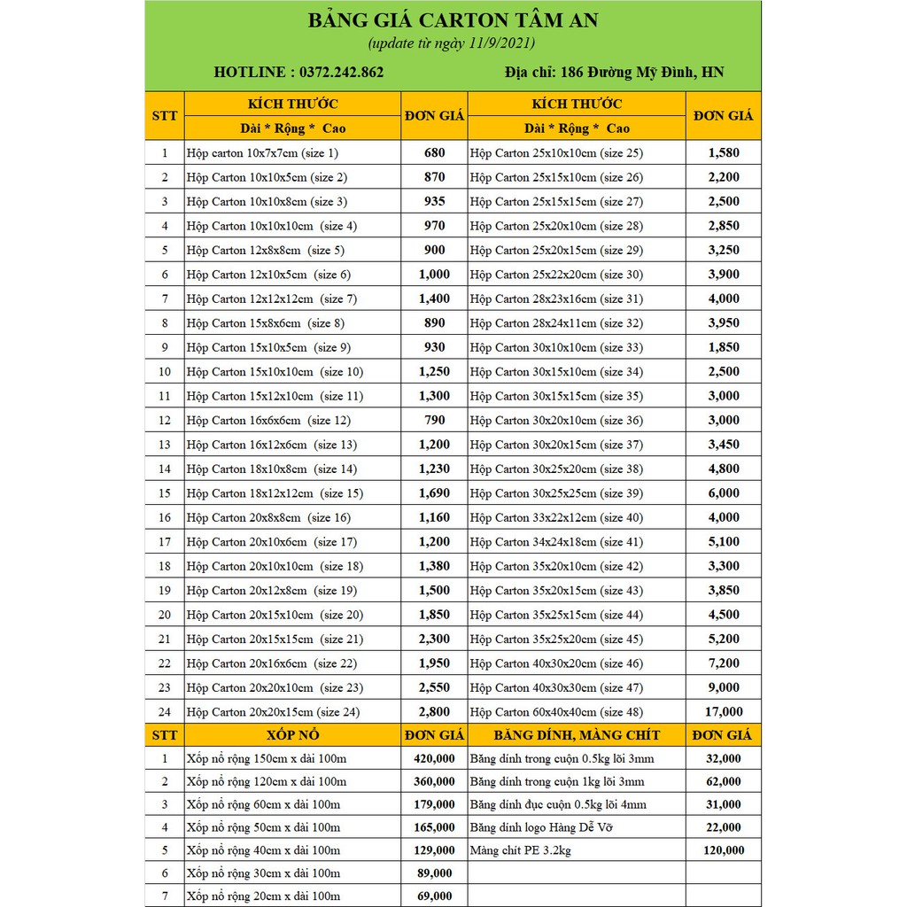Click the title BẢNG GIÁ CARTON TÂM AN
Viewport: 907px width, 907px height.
453,21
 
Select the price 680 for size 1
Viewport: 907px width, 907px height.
434,152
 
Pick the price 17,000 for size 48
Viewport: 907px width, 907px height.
723,711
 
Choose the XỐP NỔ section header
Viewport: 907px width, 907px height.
292,734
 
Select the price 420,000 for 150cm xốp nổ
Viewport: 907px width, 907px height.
434,758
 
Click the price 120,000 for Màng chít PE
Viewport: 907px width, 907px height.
723,850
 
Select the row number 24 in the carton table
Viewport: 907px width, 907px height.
165,711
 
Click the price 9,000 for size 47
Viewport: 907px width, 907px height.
723,687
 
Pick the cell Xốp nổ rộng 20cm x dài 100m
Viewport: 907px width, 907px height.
263,895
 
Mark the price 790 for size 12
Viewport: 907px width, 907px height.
434,420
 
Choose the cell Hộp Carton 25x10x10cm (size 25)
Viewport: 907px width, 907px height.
556,152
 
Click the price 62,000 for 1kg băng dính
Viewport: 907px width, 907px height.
723,781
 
